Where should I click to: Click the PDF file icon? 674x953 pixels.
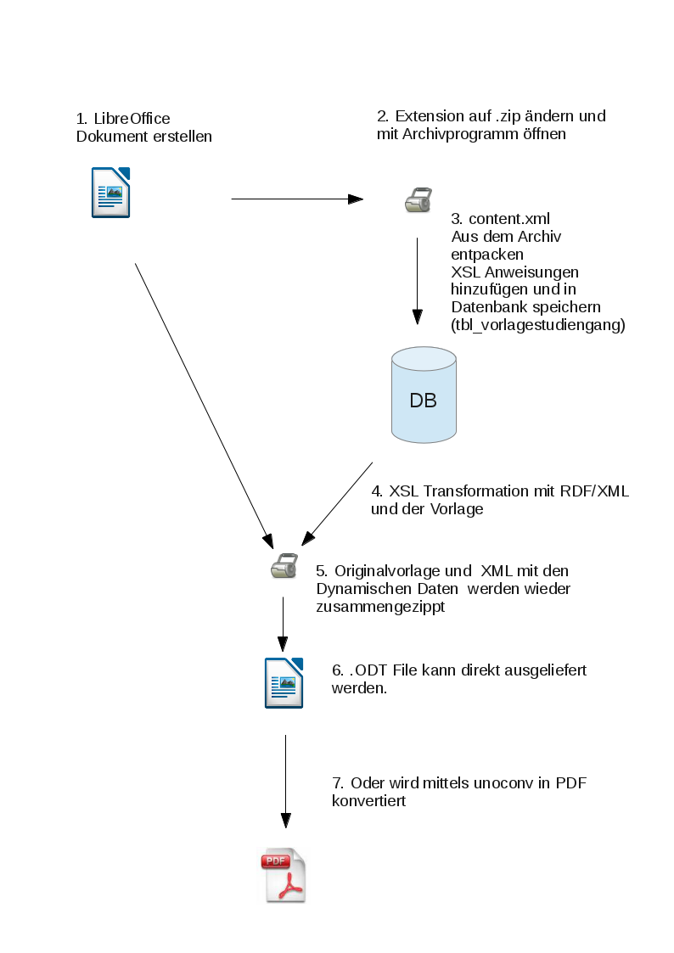point(283,875)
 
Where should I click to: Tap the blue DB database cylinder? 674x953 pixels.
point(424,396)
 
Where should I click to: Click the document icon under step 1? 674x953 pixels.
point(110,193)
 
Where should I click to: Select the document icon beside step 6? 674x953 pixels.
point(284,682)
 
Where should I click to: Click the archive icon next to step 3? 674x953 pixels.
point(418,200)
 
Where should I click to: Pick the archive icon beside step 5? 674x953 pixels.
point(284,565)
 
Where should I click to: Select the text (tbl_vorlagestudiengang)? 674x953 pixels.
point(538,323)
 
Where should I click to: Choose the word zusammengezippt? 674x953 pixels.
point(379,608)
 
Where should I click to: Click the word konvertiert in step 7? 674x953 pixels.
point(368,800)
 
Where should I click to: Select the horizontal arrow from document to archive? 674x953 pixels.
point(297,199)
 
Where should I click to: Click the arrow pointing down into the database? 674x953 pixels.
point(418,280)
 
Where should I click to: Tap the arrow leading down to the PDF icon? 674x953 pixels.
point(285,781)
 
